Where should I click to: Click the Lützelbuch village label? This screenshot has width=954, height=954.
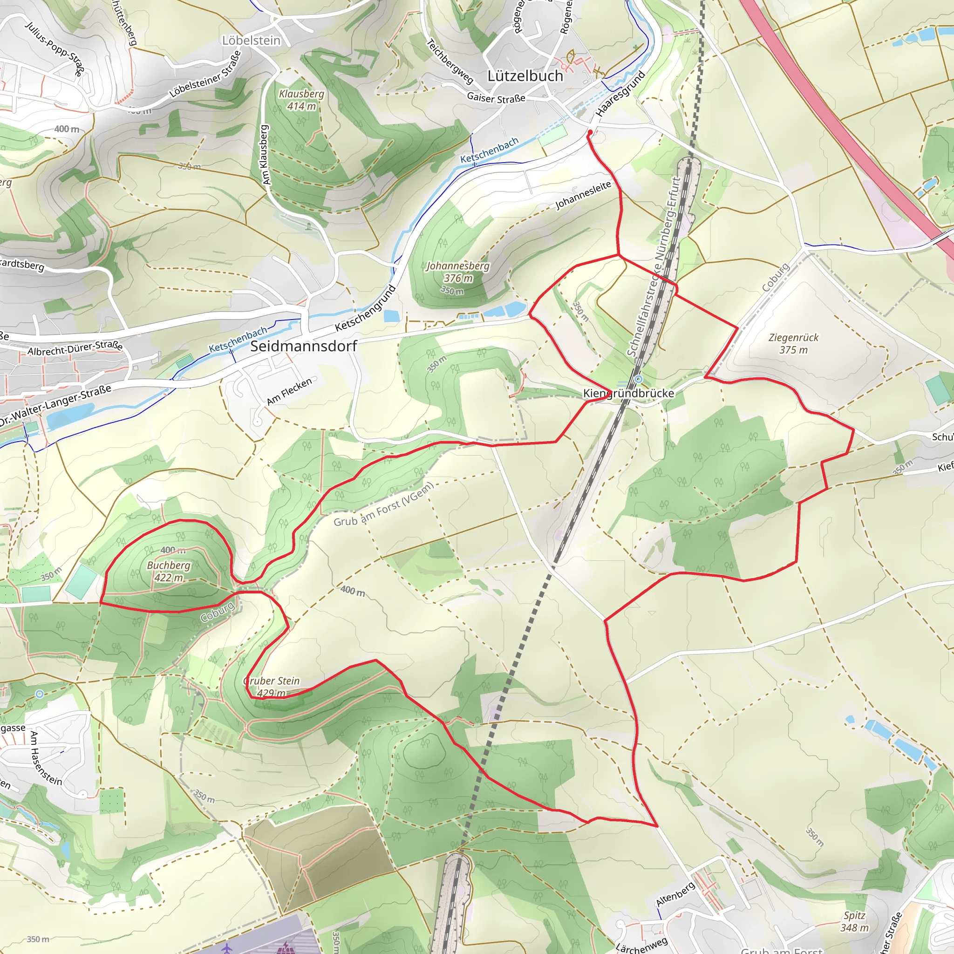[525, 76]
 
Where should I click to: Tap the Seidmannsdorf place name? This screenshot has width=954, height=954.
[303, 346]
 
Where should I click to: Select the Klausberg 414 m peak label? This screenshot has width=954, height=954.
[301, 100]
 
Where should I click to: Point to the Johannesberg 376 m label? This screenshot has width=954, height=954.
[458, 272]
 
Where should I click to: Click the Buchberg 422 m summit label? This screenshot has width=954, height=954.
[169, 571]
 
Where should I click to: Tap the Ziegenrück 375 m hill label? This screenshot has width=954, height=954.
[793, 344]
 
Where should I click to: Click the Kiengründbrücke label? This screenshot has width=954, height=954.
[628, 393]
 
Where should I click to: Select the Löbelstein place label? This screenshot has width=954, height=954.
[251, 41]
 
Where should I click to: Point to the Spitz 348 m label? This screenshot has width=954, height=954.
[854, 921]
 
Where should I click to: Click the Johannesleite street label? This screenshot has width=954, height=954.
[583, 195]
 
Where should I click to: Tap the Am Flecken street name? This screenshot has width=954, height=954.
[289, 391]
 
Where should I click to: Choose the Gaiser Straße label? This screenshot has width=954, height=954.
[496, 98]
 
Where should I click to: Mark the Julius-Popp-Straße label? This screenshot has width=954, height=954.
[55, 49]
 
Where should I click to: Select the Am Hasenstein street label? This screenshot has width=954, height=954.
[46, 758]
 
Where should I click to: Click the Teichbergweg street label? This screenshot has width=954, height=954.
[450, 61]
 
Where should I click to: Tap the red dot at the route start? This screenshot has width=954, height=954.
[590, 132]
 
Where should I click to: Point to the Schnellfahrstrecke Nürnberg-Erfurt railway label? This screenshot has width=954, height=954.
[654, 266]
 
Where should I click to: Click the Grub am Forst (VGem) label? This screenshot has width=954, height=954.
[384, 504]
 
